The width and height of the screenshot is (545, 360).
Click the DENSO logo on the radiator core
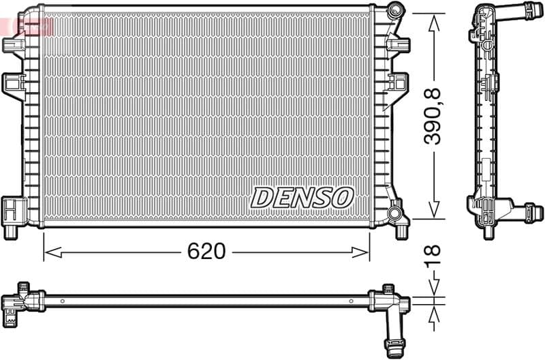click(x=302, y=197)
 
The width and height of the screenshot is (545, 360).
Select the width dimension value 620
click(x=206, y=252)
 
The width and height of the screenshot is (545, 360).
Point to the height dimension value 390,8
click(x=433, y=116)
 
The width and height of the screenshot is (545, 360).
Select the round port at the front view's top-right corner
click(x=395, y=12)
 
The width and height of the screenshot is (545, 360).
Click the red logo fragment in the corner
click(x=27, y=26)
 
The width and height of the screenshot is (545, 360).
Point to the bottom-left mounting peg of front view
click(x=11, y=231)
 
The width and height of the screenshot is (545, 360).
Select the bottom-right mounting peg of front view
click(x=401, y=231)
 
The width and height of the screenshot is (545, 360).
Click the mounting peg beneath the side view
click(x=488, y=232)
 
